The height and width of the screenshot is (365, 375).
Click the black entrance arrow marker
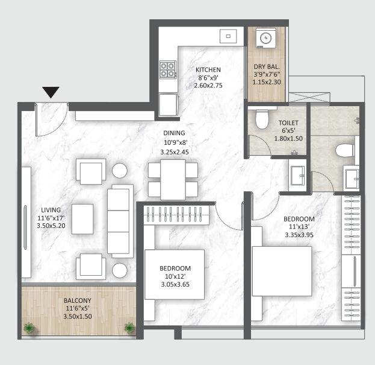tap(51, 92)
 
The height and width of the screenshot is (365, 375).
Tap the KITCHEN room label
tap(208, 70)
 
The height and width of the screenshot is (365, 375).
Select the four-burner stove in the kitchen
tap(169, 70)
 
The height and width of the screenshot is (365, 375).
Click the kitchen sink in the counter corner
tap(228, 36)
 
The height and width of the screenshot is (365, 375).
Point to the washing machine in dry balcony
tap(265, 38)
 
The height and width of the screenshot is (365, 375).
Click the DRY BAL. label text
tap(267, 66)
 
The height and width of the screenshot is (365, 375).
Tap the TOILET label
tap(288, 123)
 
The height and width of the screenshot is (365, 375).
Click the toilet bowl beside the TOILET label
tap(262, 119)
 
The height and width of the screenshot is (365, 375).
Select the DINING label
tap(174, 133)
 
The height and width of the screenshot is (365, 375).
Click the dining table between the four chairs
tap(173, 180)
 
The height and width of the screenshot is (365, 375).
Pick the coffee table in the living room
tap(82, 219)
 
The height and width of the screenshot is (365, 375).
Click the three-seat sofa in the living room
tap(120, 221)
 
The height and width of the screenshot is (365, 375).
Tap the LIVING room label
tap(51, 210)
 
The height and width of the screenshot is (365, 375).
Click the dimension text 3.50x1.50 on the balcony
tap(78, 316)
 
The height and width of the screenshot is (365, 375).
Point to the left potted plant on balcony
tap(29, 328)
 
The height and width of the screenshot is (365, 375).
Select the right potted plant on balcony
tap(129, 328)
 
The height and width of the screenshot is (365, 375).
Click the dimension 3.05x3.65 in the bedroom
tap(175, 285)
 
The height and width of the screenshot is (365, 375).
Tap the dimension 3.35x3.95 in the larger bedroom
tap(299, 235)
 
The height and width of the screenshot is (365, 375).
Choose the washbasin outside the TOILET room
tap(297, 175)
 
